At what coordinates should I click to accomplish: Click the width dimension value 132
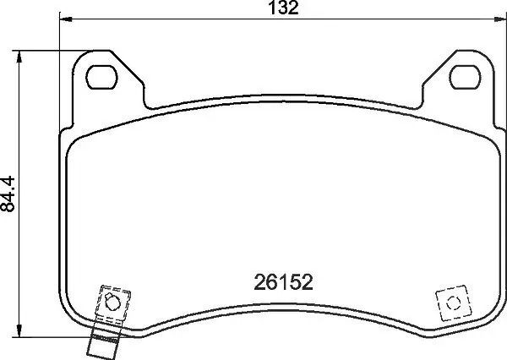pyautogui.click(x=284, y=8)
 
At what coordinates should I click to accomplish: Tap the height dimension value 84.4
pyautogui.click(x=8, y=194)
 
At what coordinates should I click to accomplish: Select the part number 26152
pyautogui.click(x=284, y=282)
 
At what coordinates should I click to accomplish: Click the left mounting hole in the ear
pyautogui.click(x=102, y=77)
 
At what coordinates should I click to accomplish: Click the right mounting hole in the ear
pyautogui.click(x=465, y=77)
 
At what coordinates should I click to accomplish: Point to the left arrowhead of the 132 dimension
pyautogui.click(x=66, y=19)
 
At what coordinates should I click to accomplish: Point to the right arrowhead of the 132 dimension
pyautogui.click(x=500, y=19)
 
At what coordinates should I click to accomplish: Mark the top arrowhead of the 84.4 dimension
pyautogui.click(x=19, y=57)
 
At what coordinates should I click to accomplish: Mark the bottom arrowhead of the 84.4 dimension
pyautogui.click(x=19, y=331)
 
